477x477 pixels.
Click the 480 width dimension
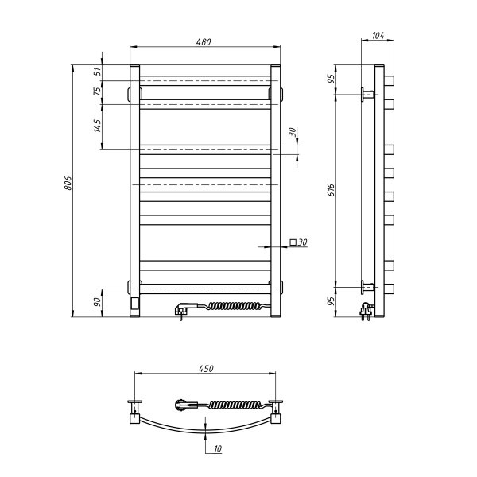(204, 42)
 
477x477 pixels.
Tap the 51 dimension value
(97, 71)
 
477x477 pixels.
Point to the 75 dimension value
(97, 92)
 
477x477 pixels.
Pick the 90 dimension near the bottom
(97, 303)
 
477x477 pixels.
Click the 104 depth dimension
(378, 36)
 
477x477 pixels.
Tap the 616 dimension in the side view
(332, 189)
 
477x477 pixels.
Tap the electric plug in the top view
(184, 405)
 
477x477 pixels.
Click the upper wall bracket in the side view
(367, 95)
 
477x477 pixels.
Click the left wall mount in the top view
(135, 409)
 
